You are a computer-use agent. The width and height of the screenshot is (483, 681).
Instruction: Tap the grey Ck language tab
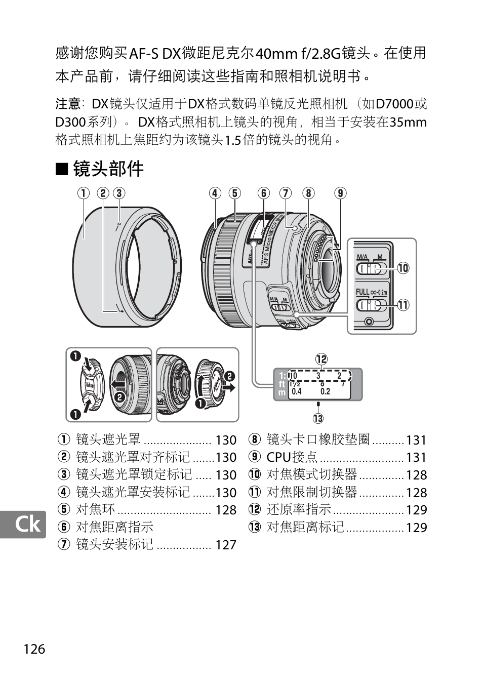23,525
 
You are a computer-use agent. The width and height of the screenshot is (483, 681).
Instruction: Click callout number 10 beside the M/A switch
404,268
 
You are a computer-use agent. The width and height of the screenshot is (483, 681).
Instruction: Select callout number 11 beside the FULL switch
404,305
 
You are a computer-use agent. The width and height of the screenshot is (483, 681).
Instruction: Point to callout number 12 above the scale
321,359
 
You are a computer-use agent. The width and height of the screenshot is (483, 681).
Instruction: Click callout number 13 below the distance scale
318,418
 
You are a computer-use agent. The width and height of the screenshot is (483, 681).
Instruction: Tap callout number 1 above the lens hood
84,193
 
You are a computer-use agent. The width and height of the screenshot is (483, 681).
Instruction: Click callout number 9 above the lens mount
340,193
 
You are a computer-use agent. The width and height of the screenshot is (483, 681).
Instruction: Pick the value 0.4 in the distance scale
296,391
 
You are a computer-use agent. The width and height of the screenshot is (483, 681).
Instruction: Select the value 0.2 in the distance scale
325,391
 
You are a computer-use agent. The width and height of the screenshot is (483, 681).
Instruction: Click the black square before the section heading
62,169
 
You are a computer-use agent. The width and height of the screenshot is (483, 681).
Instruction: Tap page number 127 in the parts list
226,545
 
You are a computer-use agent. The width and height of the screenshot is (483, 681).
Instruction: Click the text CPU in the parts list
279,457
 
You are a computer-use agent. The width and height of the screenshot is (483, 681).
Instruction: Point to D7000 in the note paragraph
395,104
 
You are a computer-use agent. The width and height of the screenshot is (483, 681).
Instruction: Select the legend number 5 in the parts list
63,509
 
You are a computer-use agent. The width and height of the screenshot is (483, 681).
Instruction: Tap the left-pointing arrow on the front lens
117,385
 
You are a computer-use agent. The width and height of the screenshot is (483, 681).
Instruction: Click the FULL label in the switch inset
363,293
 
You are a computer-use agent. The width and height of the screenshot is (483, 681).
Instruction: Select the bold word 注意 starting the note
68,104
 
